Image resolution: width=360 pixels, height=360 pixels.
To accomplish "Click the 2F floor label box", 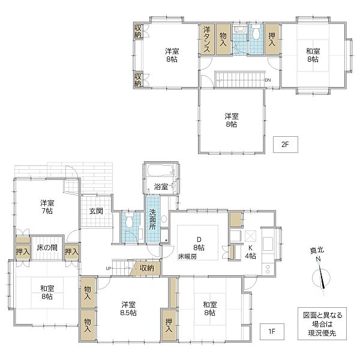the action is click(x=286, y=145).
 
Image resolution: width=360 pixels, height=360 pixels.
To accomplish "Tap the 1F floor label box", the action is click(x=272, y=332).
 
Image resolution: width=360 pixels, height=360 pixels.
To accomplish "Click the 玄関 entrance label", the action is click(x=96, y=211).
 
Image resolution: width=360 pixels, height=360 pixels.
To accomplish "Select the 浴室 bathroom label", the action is click(x=161, y=187).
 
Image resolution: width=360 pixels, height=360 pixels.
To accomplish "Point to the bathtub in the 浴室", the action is click(x=160, y=170).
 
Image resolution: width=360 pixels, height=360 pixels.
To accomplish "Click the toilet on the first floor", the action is click(x=129, y=221).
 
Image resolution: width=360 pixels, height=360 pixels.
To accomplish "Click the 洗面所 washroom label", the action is click(x=152, y=219).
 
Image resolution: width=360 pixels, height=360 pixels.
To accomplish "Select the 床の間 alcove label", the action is click(x=47, y=247).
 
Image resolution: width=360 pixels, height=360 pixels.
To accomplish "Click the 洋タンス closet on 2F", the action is click(x=206, y=39).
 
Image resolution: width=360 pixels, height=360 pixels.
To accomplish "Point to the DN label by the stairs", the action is click(x=268, y=80).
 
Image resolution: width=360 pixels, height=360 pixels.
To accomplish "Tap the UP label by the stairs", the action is click(x=109, y=268).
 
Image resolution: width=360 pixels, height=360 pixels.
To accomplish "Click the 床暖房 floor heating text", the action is click(x=187, y=256).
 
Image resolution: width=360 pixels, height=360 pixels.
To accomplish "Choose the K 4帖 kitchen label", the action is click(x=250, y=251).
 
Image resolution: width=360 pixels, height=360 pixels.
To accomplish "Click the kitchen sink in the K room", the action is click(x=268, y=244).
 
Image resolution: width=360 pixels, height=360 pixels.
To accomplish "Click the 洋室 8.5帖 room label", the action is click(x=128, y=309).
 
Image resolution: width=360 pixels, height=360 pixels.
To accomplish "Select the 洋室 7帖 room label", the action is click(x=47, y=207).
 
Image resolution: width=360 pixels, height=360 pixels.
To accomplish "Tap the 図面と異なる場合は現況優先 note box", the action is click(x=322, y=324).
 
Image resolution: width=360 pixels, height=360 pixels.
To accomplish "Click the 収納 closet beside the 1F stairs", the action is click(x=147, y=268).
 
